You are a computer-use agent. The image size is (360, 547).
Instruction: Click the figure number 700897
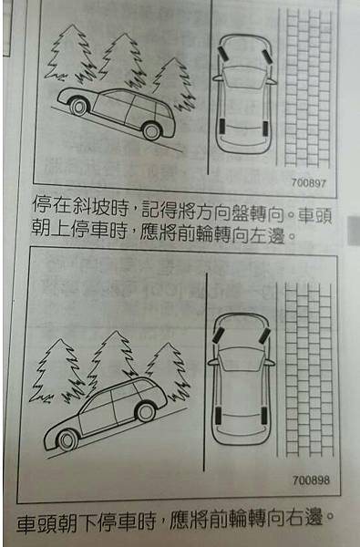coord(309,182)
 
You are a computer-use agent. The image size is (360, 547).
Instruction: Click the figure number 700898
coord(311,480)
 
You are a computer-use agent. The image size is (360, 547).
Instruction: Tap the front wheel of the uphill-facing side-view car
coord(78,106)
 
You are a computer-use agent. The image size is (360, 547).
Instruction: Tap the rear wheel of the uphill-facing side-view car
coord(151,130)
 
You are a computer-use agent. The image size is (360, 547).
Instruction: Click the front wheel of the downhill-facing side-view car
coord(67,440)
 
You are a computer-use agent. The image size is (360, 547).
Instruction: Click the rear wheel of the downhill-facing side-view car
coord(146,412)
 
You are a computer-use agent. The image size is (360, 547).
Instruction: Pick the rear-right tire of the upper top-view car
coord(265,129)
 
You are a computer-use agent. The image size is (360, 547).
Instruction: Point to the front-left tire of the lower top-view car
coord(218,335)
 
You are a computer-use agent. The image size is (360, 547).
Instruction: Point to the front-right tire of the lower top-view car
coord(264,336)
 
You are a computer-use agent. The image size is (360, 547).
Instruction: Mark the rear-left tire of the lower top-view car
coord(218,415)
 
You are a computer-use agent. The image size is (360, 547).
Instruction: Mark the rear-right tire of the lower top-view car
coord(264,416)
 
